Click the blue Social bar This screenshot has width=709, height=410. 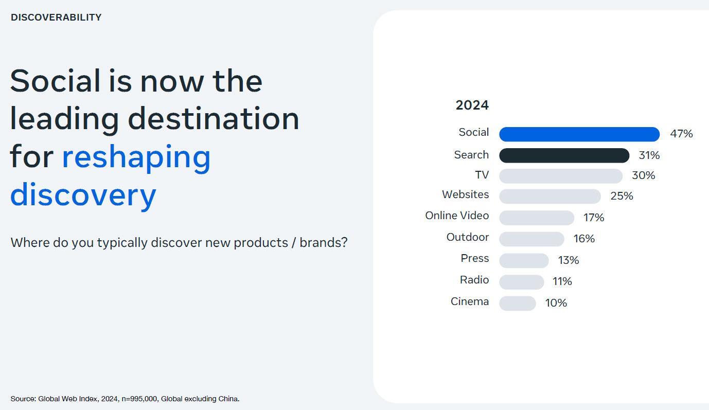579,134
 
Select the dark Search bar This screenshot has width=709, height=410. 564,155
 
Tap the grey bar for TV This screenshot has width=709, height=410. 560,176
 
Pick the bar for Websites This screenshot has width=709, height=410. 550,197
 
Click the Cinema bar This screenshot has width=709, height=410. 517,304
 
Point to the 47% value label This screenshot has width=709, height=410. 681,134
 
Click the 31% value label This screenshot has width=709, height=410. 649,155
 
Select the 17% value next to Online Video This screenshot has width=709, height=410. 593,218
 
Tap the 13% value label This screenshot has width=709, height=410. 568,260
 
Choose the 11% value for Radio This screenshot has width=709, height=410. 562,281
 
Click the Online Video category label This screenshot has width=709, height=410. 456,216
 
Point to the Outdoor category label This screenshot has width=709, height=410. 467,237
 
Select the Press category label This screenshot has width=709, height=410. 474,258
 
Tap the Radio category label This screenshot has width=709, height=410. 474,280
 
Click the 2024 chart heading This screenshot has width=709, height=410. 472,105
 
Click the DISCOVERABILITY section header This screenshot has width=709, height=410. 56,17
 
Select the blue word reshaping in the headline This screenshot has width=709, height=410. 136,157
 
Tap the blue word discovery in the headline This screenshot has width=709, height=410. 83,194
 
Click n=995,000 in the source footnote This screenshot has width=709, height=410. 139,399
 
